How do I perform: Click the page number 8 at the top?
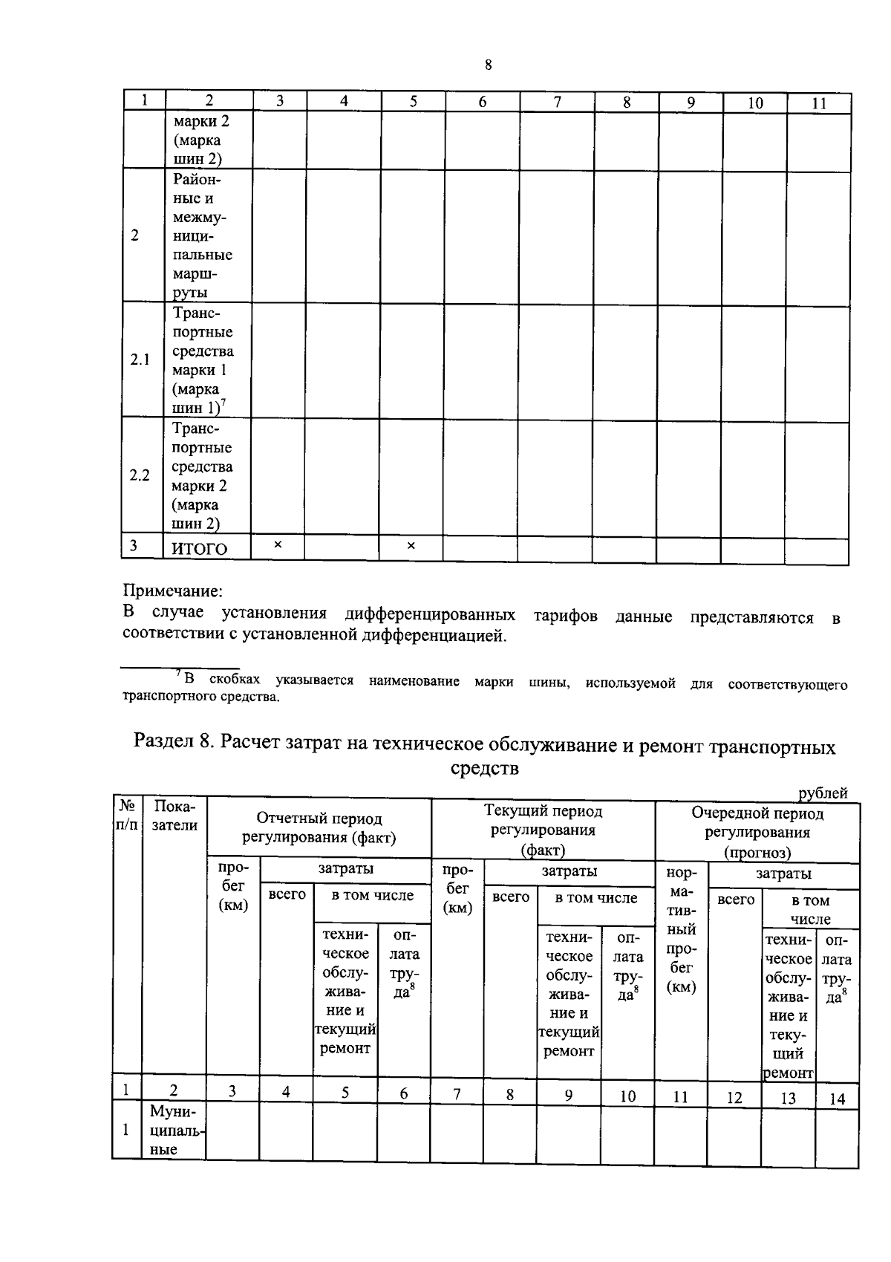tap(488, 65)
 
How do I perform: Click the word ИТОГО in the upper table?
tap(200, 549)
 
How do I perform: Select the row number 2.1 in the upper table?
tap(140, 360)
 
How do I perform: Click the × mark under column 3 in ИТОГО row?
tap(278, 545)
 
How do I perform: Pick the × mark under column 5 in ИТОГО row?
tap(411, 546)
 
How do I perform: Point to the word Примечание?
tap(172, 591)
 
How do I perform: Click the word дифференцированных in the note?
tap(431, 615)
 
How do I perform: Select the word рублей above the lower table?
tap(823, 793)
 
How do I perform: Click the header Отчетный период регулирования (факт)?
tap(319, 828)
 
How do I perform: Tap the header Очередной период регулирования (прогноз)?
tap(757, 832)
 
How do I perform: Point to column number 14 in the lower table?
tap(837, 1099)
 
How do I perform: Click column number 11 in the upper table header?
tap(818, 104)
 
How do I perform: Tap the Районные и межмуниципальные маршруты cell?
tap(203, 235)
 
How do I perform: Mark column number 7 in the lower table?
tap(457, 1094)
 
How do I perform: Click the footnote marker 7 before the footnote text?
tap(178, 674)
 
